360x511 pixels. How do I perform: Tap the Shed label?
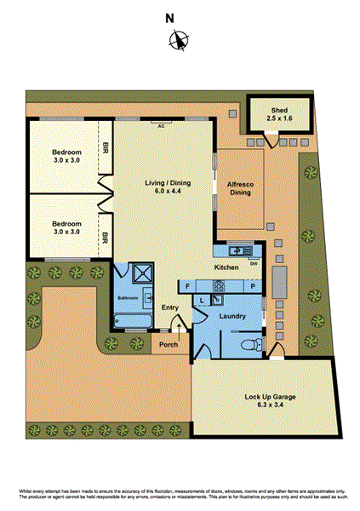click(x=279, y=111)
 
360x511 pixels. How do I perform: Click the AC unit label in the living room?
click(x=159, y=124)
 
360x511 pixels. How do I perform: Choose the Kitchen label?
click(x=226, y=267)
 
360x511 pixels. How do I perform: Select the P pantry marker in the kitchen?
click(x=254, y=287)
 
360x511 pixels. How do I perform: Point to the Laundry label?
click(x=232, y=316)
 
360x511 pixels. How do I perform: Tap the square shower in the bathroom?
click(x=140, y=273)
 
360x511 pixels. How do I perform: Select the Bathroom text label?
click(x=128, y=299)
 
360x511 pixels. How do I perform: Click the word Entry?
click(x=170, y=307)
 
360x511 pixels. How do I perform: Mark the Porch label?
click(x=169, y=345)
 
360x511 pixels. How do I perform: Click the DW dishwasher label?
click(x=254, y=261)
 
